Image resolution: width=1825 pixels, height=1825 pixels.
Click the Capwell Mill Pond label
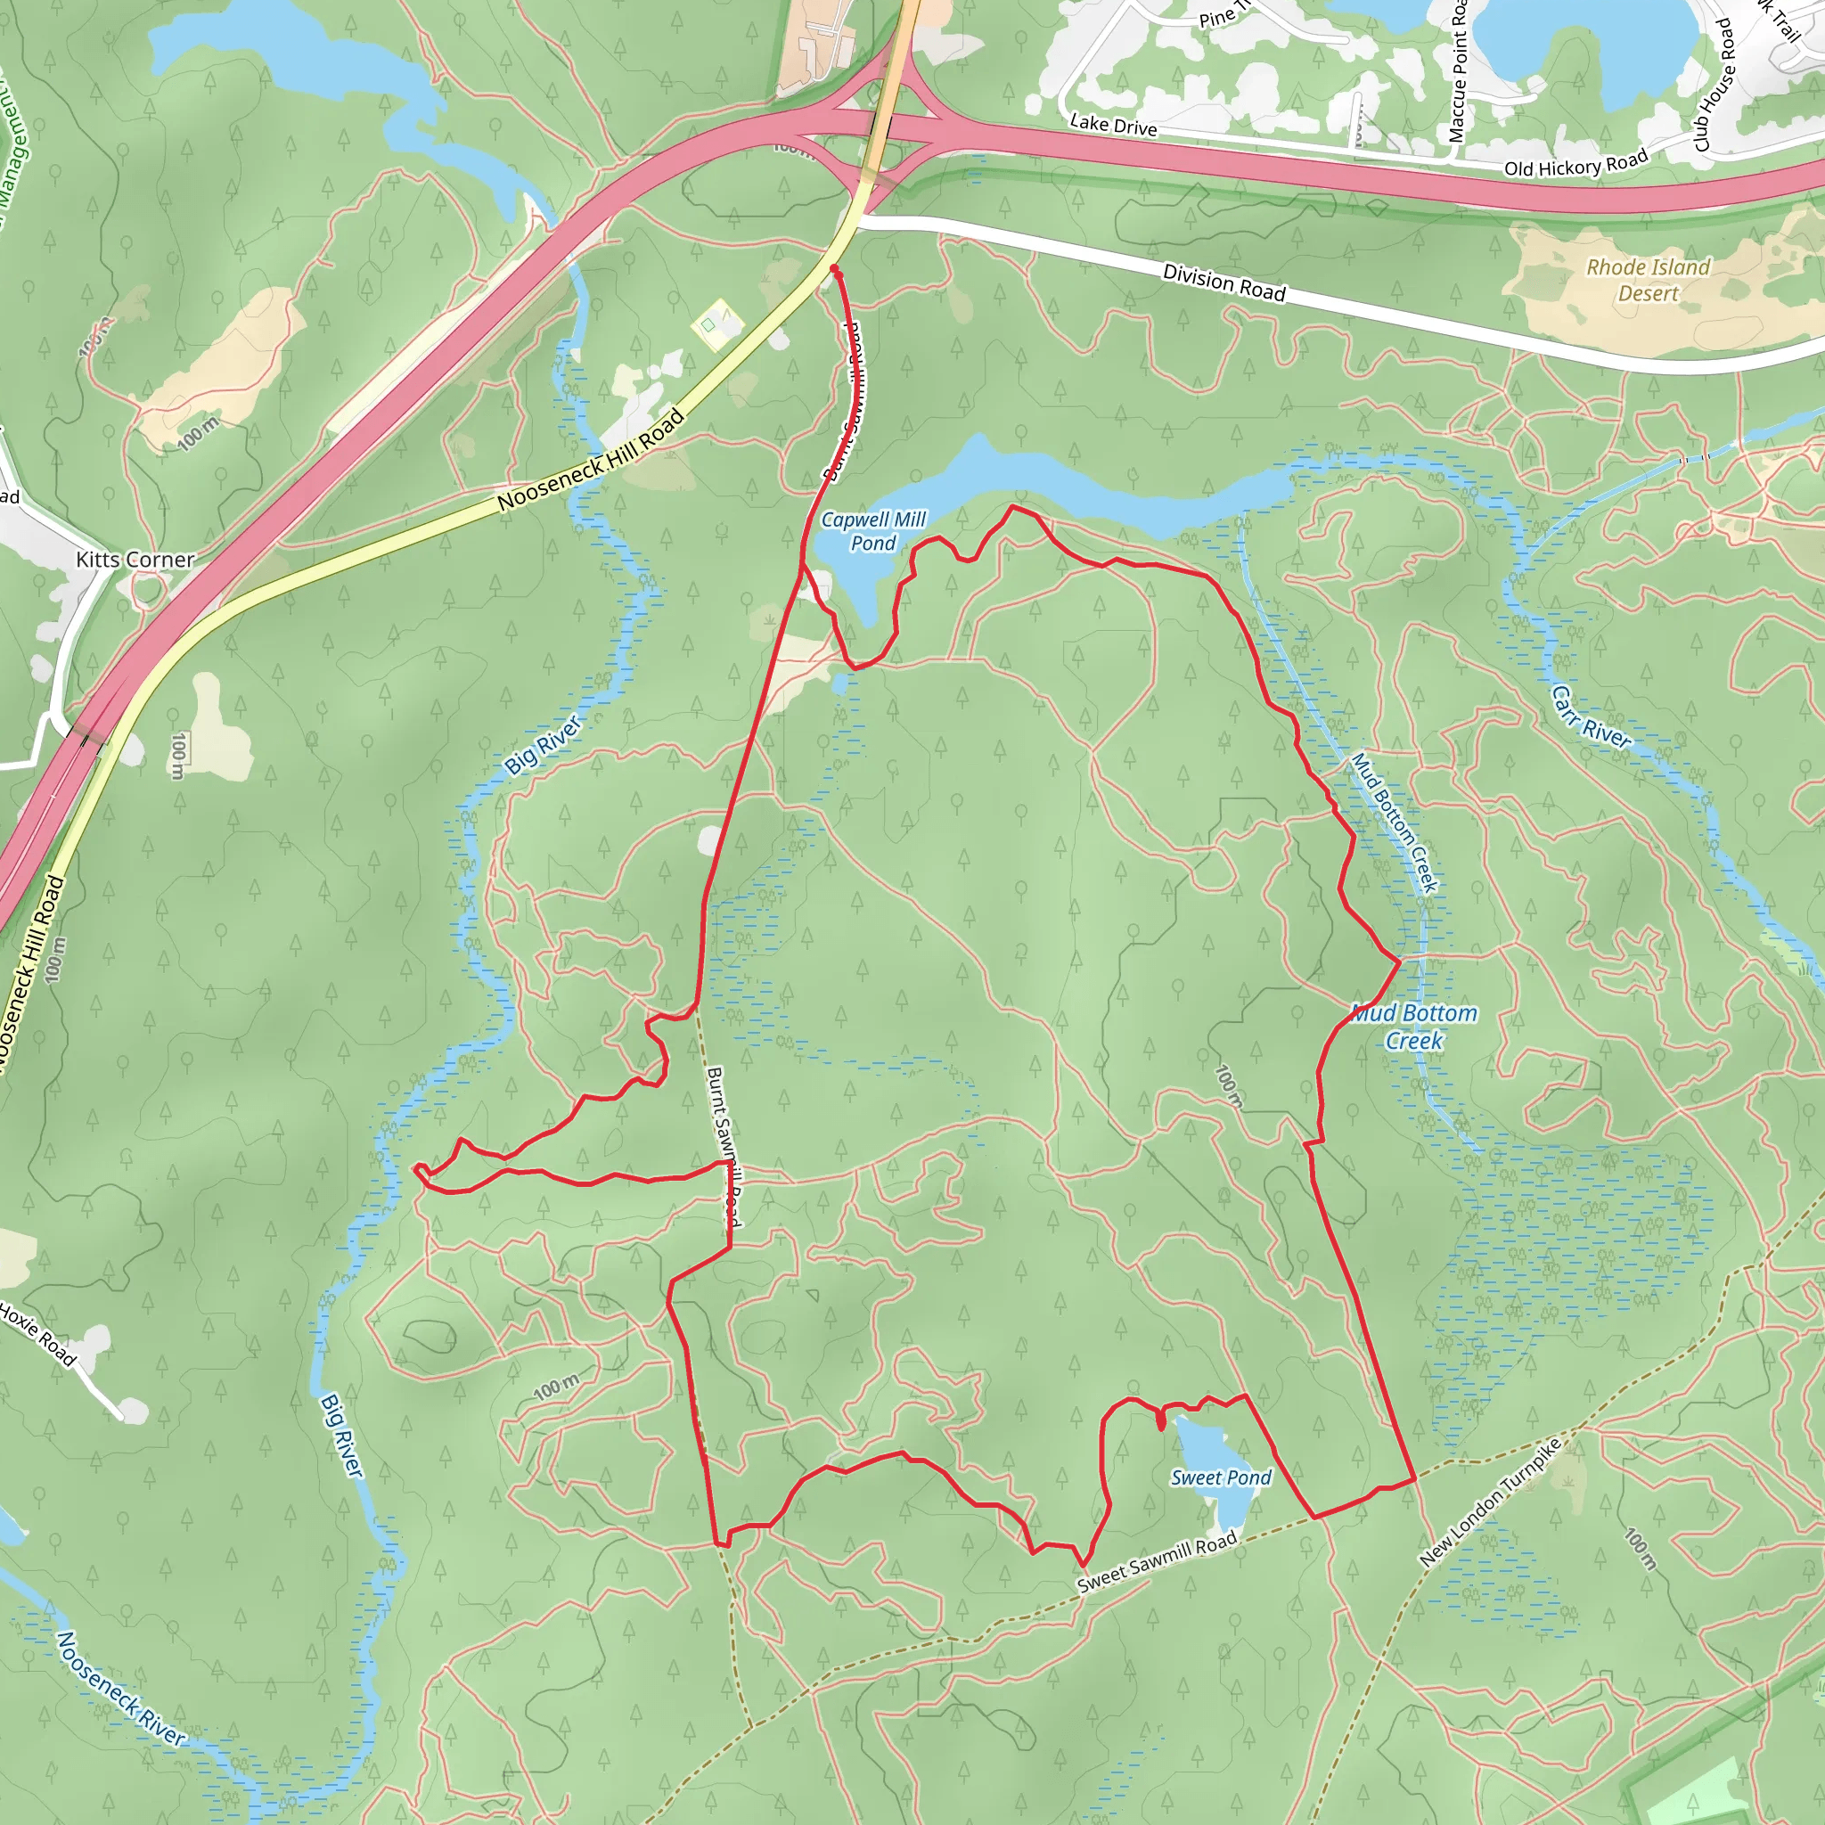click(872, 531)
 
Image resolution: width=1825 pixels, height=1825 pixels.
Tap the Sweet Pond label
click(1221, 1477)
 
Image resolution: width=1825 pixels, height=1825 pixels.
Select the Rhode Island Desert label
click(1649, 280)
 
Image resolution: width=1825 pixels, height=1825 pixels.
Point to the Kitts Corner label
click(135, 560)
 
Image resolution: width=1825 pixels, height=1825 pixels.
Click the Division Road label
click(1223, 282)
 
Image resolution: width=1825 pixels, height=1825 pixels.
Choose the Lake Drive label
click(1113, 125)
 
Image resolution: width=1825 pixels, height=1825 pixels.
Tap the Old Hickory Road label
click(1575, 163)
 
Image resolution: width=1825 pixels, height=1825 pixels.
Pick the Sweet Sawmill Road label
click(1158, 1562)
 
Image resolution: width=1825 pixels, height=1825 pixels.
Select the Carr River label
click(1591, 718)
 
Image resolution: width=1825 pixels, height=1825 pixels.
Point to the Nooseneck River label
click(121, 1688)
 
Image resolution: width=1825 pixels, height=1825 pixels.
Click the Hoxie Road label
click(37, 1333)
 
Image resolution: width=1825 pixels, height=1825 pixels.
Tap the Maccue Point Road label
click(1459, 71)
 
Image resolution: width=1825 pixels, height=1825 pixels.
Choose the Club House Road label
click(1715, 85)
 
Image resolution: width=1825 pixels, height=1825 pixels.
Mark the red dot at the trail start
click(834, 269)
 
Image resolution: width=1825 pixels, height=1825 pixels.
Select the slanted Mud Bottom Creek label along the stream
click(1395, 822)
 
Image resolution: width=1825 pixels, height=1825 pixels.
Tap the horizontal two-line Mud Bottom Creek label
click(1414, 1026)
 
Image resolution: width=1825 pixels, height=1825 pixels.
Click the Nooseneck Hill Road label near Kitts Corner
click(591, 461)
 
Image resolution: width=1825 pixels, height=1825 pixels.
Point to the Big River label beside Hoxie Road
click(341, 1436)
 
